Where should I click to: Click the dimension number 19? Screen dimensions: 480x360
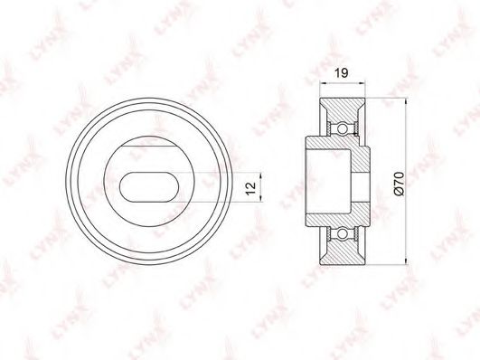[341, 73]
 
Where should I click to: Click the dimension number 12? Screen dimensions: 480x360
[250, 188]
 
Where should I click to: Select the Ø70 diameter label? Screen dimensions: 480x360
[400, 184]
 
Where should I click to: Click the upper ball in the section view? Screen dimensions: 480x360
[343, 128]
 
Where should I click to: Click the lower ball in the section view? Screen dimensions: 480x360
[343, 234]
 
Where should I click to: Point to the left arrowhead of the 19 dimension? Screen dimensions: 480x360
[323, 82]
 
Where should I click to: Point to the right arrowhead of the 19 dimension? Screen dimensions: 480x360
[362, 82]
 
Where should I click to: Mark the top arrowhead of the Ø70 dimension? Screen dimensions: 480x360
[406, 102]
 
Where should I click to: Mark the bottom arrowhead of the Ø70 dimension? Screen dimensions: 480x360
[406, 261]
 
